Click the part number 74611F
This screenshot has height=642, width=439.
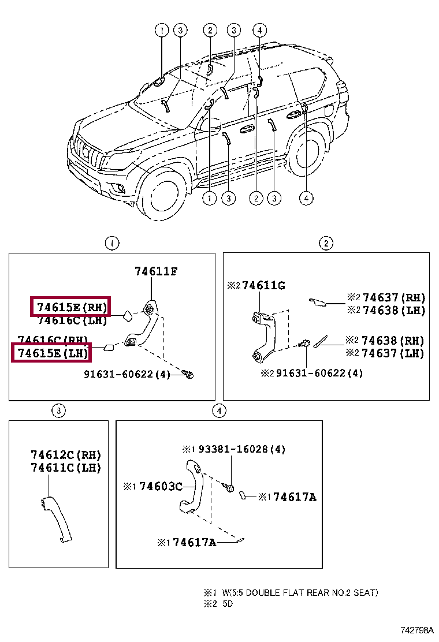click(x=156, y=271)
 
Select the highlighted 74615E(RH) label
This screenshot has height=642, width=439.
click(x=70, y=307)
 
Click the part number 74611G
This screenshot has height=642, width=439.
click(x=263, y=286)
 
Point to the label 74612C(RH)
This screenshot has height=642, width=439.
click(x=65, y=455)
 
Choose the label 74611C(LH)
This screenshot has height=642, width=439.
click(x=65, y=468)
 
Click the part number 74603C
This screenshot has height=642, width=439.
click(x=160, y=487)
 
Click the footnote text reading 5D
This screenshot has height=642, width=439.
click(x=228, y=604)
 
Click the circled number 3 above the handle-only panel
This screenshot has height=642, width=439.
click(x=58, y=410)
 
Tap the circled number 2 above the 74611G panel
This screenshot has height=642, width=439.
click(x=326, y=243)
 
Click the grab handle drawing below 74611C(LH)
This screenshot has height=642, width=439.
click(x=57, y=516)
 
